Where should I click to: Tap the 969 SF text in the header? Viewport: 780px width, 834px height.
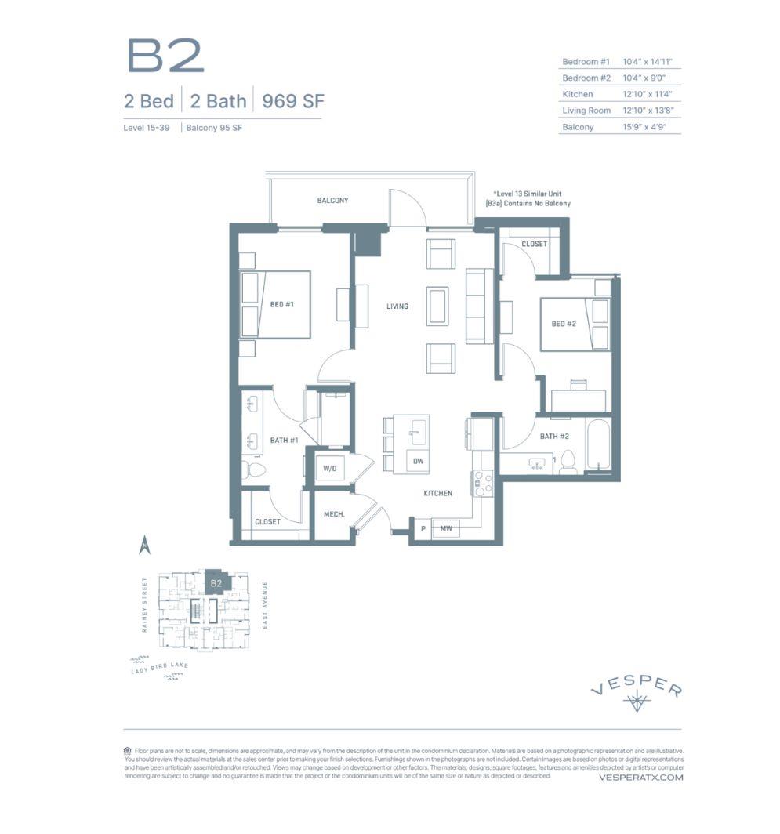coord(292,101)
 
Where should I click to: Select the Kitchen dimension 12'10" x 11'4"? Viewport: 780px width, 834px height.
coord(648,94)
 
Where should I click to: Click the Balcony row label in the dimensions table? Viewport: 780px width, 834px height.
coord(578,127)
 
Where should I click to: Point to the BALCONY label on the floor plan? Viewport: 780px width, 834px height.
coord(332,201)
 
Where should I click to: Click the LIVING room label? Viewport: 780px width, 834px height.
coord(397,306)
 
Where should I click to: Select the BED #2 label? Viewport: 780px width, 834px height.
coord(564,324)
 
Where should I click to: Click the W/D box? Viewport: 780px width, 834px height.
coord(329,469)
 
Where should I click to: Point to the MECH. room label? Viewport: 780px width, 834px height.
coord(335,515)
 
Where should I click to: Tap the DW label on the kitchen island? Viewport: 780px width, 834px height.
coord(418,462)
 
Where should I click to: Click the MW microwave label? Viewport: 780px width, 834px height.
coord(446,529)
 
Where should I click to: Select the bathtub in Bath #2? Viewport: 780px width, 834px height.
coord(597,447)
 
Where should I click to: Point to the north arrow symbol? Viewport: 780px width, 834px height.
coord(143,545)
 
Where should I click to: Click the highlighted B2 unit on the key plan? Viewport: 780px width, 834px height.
coord(216,583)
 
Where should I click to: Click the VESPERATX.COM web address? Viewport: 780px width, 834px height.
coord(640,778)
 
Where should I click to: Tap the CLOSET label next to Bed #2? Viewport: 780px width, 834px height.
coord(534,244)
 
